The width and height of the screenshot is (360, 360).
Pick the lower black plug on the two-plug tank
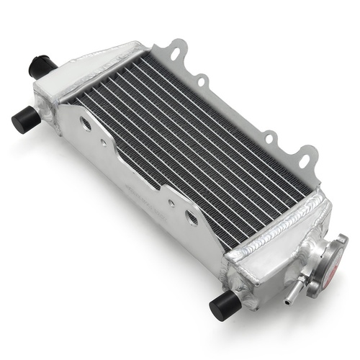click(x=23, y=118)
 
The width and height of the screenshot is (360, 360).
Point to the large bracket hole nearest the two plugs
click(x=86, y=125)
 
